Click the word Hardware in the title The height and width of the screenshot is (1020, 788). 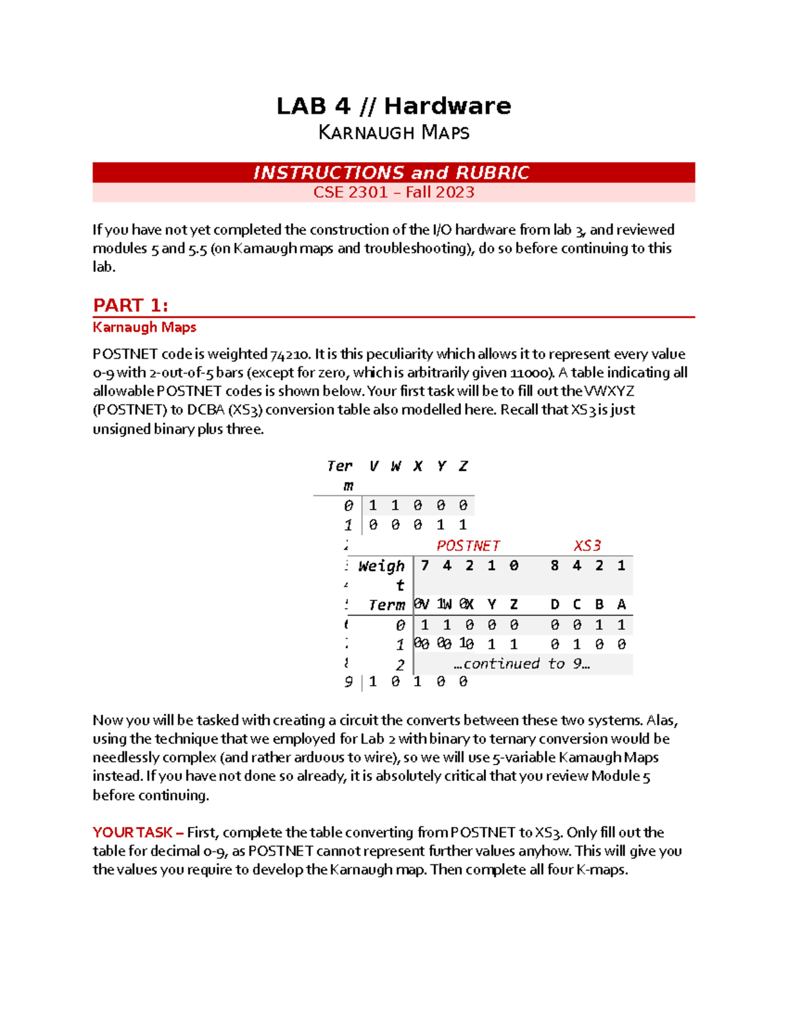(x=447, y=106)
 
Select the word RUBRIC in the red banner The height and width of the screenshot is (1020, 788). (x=492, y=173)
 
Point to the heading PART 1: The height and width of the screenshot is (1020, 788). (x=131, y=305)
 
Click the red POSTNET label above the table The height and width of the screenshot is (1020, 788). (x=468, y=546)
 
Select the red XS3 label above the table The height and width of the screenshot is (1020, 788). (x=586, y=546)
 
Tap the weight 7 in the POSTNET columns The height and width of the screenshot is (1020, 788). (x=425, y=565)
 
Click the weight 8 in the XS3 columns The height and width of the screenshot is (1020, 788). (x=554, y=565)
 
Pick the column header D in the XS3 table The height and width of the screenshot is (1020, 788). (x=554, y=604)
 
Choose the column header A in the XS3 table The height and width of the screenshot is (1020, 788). (x=621, y=604)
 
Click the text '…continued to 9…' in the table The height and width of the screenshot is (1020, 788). (x=522, y=664)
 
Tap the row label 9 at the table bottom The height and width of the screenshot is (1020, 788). (x=348, y=682)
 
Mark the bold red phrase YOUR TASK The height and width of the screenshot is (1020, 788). (x=133, y=832)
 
